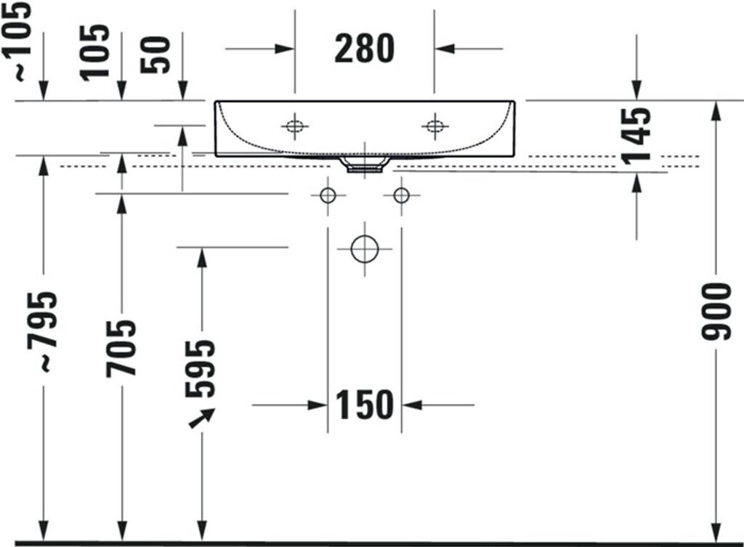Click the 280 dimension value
364,49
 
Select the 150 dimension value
364,405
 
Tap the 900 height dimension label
717,312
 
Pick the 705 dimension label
121,348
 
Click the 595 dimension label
201,368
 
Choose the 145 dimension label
637,136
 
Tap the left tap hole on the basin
294,126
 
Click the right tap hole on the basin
434,126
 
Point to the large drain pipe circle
365,249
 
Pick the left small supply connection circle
328,195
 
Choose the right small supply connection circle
401,195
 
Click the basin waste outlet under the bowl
364,166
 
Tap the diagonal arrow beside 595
202,418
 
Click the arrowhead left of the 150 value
318,405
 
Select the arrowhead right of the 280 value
445,49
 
